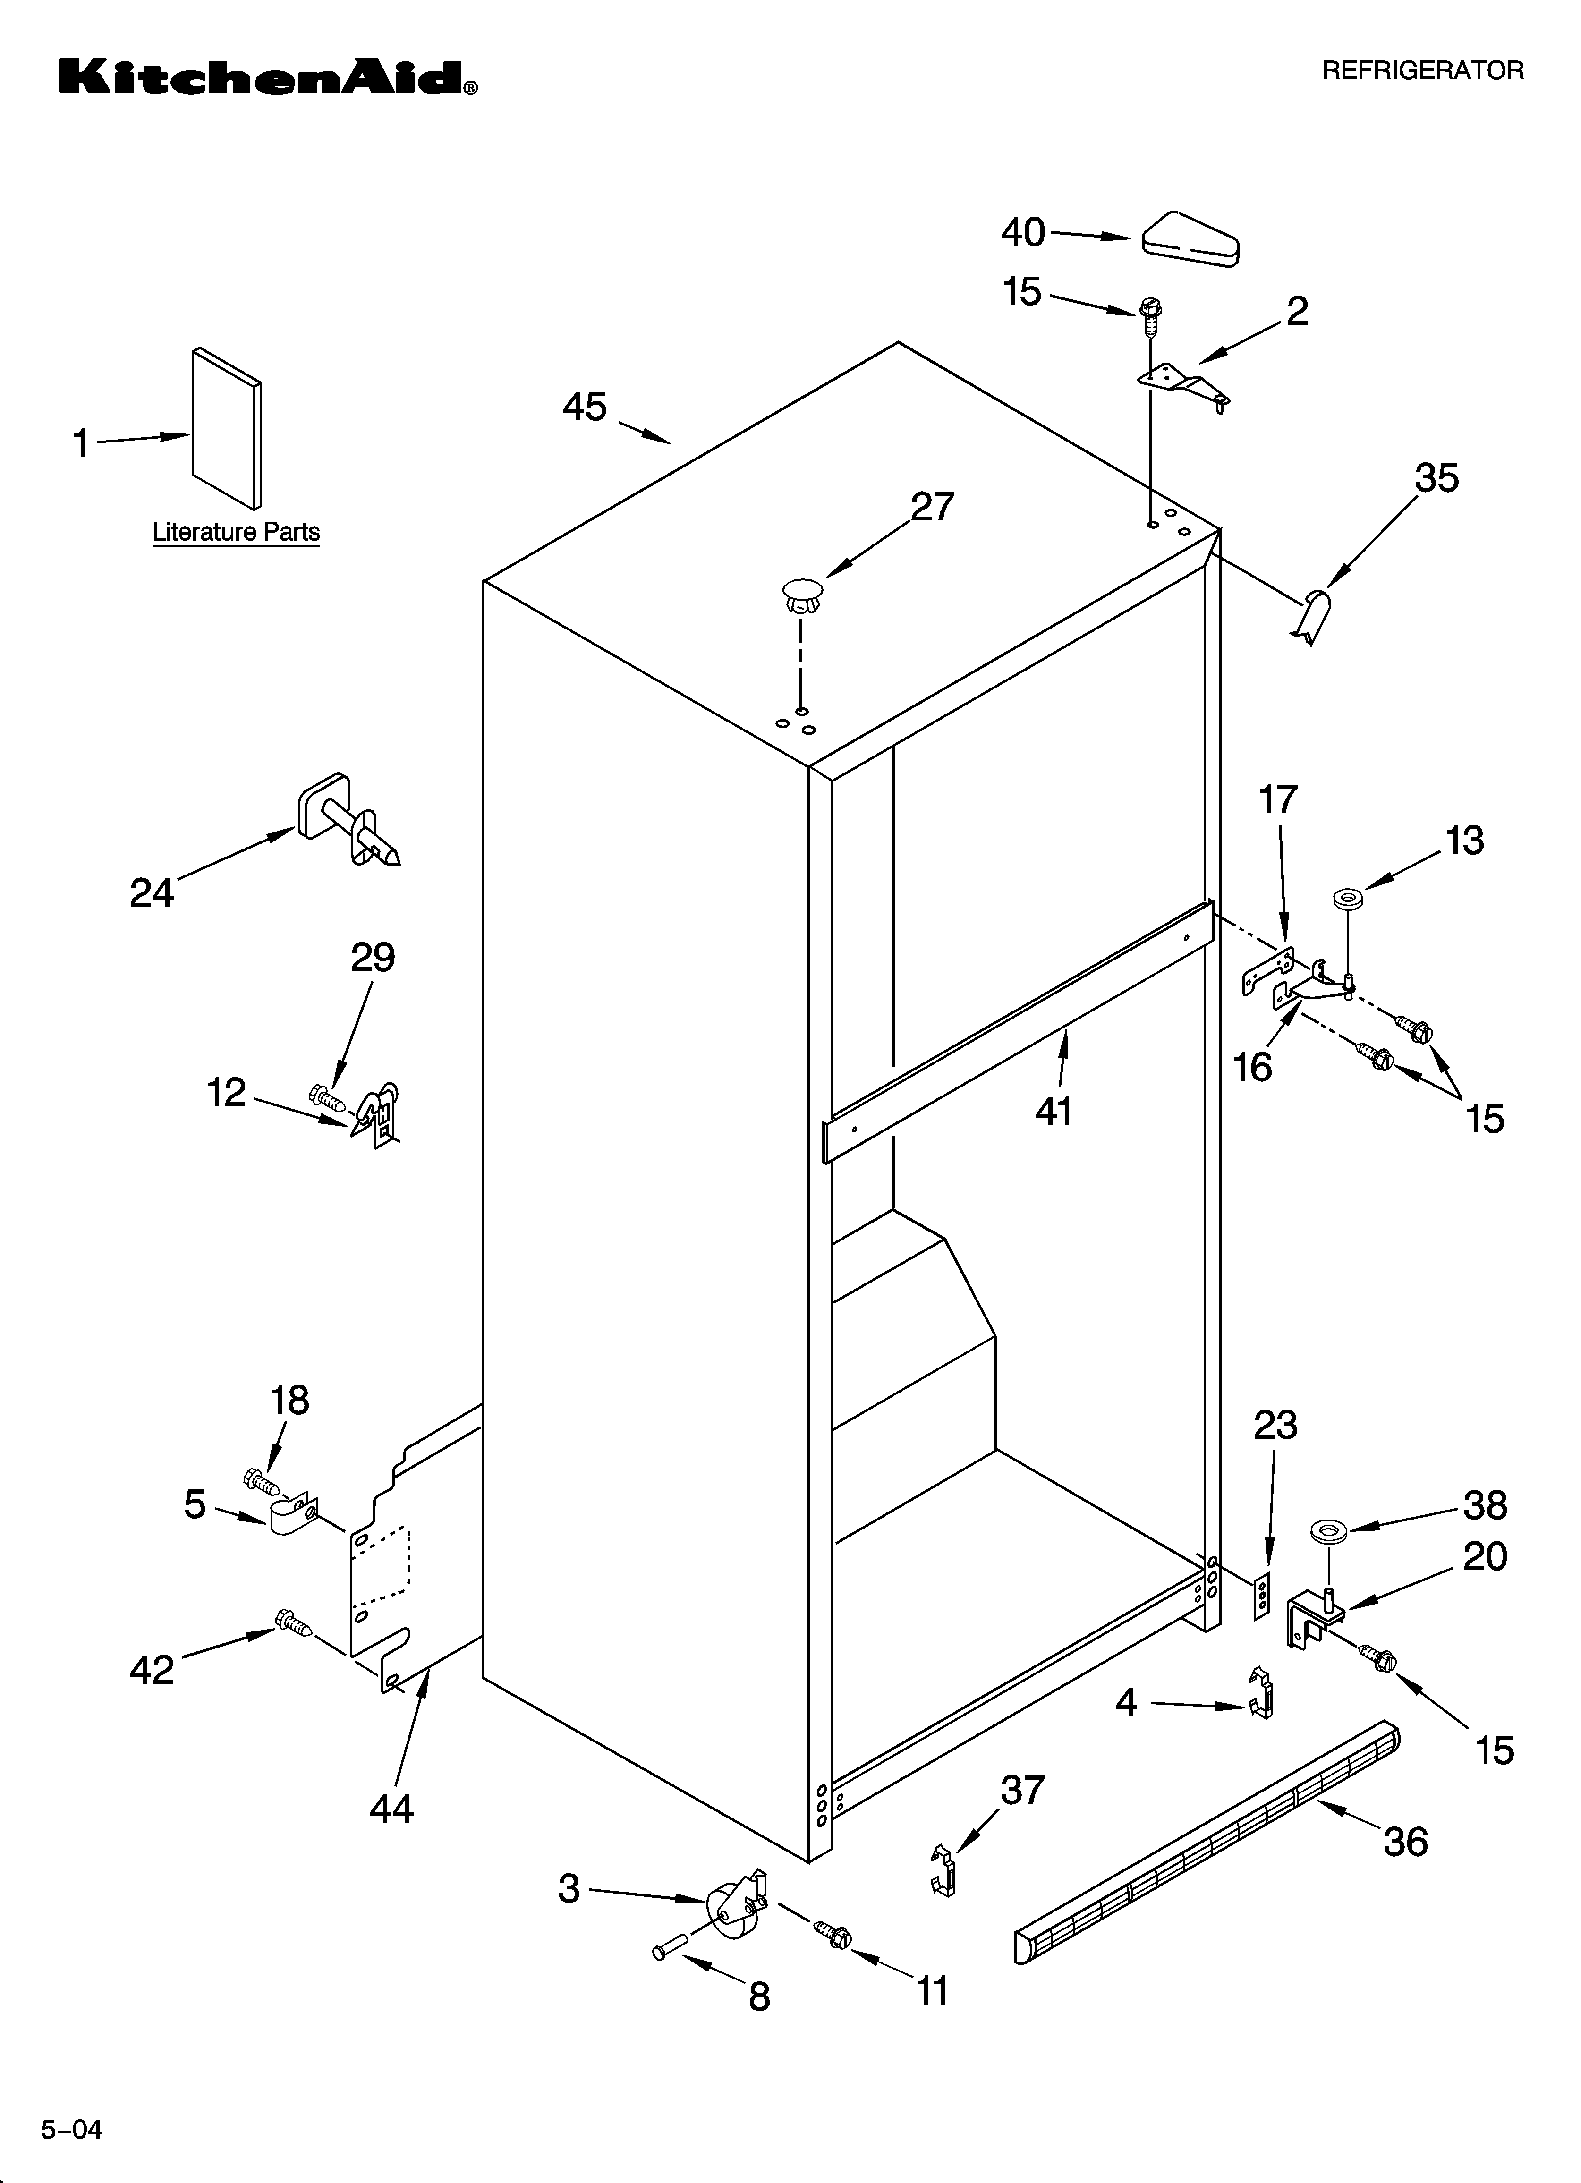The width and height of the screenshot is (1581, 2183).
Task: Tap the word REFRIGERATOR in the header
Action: pyautogui.click(x=1422, y=71)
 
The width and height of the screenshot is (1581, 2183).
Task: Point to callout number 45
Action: pyautogui.click(x=585, y=407)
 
